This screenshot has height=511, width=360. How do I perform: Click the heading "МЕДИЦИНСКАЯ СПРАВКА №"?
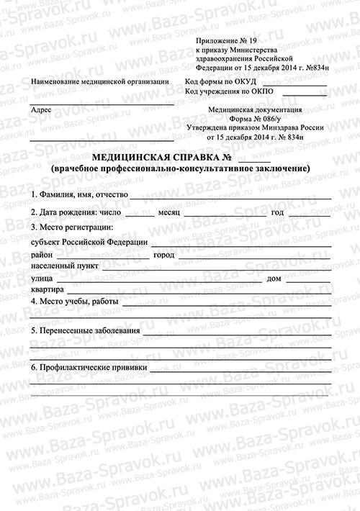point(161,157)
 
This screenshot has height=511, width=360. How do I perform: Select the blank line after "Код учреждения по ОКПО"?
point(302,95)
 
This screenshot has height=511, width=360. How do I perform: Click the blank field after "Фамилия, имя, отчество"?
point(230,196)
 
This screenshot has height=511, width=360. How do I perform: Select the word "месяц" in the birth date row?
point(169,213)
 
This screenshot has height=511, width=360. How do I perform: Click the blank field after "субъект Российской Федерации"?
point(241,243)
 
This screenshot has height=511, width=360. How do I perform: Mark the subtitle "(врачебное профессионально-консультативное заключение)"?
point(180,168)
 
